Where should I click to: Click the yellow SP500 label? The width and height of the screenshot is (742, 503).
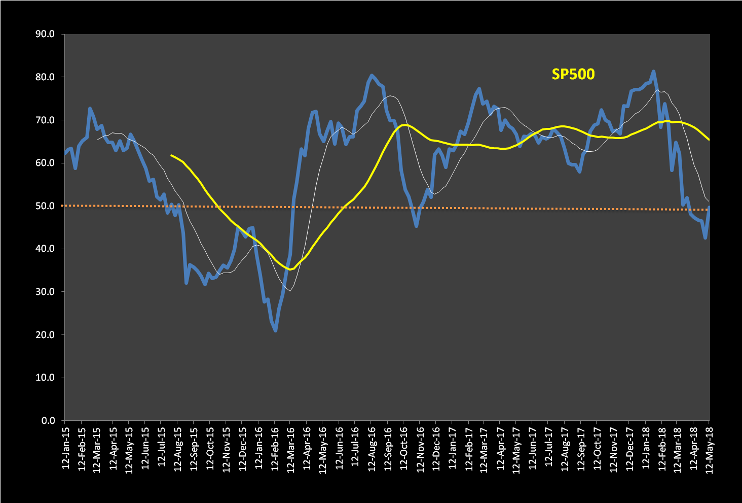point(573,74)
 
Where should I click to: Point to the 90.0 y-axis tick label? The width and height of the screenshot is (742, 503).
point(45,35)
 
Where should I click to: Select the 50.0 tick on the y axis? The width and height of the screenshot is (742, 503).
point(45,206)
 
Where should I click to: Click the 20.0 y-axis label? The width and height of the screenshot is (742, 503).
point(45,335)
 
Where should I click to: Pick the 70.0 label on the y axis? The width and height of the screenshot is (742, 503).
point(45,120)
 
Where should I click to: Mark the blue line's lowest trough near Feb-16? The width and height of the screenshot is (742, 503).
point(275,331)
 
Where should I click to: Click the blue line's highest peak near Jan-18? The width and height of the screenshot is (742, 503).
point(653,72)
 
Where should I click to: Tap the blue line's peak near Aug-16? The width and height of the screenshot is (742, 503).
point(372,75)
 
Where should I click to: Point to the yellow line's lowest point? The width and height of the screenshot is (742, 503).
point(290,270)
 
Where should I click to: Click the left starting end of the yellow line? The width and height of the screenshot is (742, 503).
point(171,155)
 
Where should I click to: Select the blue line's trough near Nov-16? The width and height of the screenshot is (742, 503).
point(416,226)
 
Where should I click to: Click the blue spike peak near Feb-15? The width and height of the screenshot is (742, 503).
point(90,108)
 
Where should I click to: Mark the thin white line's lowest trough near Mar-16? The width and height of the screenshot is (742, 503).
point(289,290)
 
